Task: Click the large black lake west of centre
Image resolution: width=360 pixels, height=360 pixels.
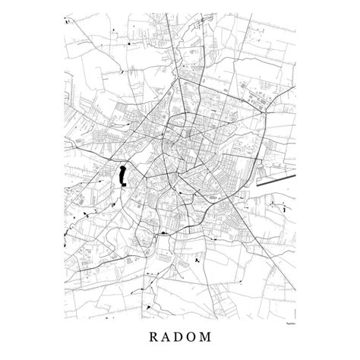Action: [121, 176]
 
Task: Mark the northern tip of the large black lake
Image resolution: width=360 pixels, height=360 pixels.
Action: [122, 166]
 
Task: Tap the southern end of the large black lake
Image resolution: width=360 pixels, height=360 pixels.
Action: [121, 187]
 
